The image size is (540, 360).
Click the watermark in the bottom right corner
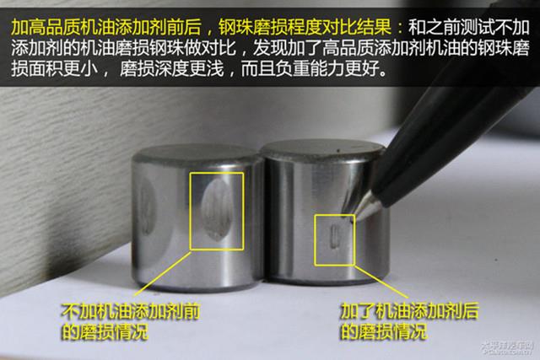click(507, 347)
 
